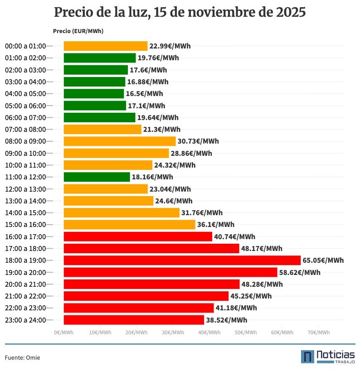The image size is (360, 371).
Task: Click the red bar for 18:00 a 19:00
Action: [x=182, y=260]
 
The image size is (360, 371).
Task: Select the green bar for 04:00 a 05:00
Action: [x=93, y=94]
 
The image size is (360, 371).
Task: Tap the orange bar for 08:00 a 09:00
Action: [x=119, y=141]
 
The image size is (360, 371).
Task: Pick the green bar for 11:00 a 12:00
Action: [x=97, y=177]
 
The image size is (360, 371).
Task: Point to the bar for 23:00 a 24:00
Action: [x=134, y=320]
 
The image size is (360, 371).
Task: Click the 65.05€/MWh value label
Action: [x=323, y=260]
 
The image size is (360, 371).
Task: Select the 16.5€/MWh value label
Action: [x=144, y=94]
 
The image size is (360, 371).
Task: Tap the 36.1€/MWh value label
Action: [x=216, y=225]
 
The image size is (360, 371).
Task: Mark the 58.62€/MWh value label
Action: [x=300, y=272]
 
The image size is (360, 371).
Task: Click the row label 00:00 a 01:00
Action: [x=25, y=46]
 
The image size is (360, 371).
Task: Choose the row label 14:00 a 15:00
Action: [x=25, y=212]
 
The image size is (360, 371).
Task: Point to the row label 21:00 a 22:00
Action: [x=25, y=296]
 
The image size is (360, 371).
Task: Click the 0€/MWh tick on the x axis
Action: [x=63, y=332]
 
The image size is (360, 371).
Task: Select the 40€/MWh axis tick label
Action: [x=209, y=332]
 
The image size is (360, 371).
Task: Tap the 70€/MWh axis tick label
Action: [x=318, y=332]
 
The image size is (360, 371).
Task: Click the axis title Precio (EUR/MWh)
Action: [x=78, y=31]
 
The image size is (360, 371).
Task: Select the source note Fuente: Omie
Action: [x=22, y=358]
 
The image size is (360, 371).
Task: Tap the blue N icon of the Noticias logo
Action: [x=307, y=357]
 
